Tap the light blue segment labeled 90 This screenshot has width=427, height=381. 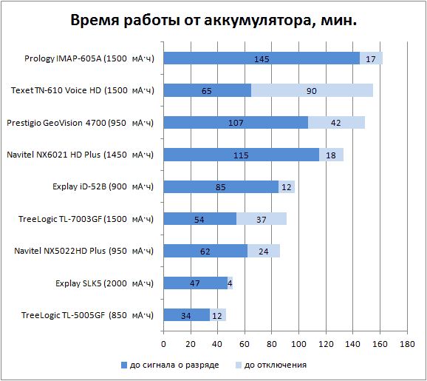[x=312, y=90]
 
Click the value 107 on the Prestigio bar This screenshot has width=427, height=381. [x=236, y=123]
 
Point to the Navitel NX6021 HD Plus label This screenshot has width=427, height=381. [x=83, y=155]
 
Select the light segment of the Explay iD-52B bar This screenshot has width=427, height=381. [x=287, y=186]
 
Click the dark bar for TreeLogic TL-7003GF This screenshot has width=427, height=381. [x=199, y=219]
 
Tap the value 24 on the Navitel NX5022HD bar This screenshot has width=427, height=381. [x=263, y=251]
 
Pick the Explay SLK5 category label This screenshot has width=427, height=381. [x=104, y=283]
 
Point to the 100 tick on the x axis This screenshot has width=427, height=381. [x=298, y=344]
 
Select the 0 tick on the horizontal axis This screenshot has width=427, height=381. [x=163, y=344]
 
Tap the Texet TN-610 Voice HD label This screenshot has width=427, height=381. [x=81, y=90]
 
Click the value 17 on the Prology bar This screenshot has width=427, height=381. [x=371, y=58]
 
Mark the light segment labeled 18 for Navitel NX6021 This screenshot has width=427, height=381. [x=331, y=155]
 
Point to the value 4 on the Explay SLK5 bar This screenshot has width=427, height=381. [x=230, y=283]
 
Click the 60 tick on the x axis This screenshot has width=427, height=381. [x=245, y=344]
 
